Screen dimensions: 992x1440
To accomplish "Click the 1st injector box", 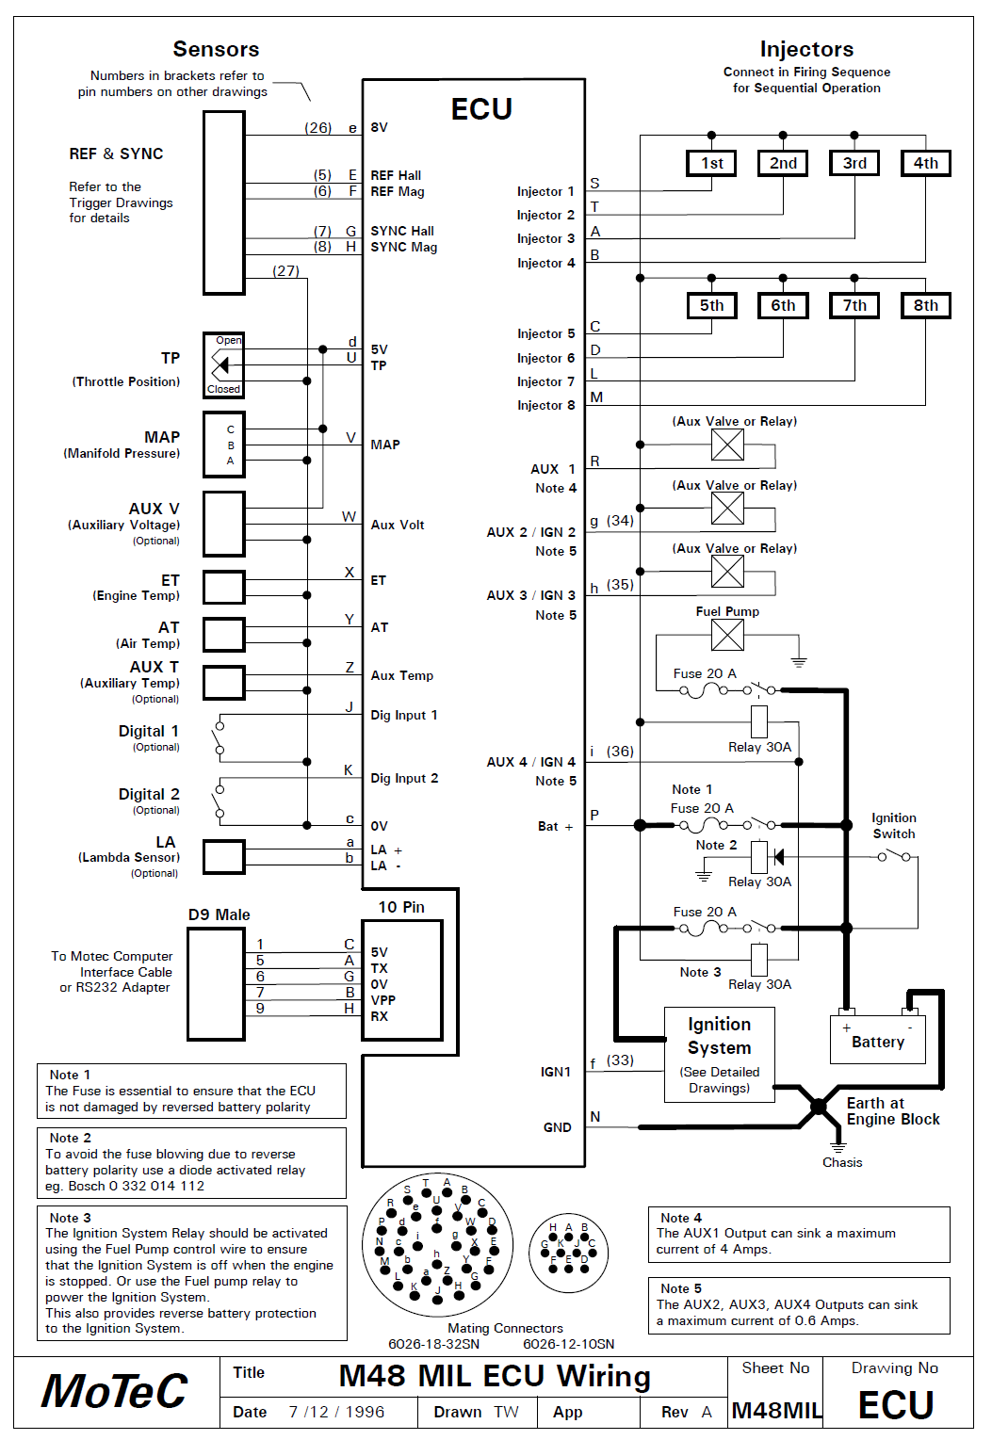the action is [711, 163].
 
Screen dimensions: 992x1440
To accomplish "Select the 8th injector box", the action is [925, 305].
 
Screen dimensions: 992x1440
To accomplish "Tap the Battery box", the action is [878, 1040].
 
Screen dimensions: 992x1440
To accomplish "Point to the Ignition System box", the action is [719, 1054].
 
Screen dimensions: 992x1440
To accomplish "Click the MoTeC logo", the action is [114, 1390].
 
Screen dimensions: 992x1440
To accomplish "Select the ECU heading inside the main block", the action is [480, 108].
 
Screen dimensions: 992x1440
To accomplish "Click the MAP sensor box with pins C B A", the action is [223, 445].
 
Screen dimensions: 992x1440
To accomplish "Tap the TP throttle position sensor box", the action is [223, 364].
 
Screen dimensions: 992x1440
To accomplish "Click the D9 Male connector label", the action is [219, 914].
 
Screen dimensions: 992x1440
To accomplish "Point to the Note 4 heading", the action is [681, 1218].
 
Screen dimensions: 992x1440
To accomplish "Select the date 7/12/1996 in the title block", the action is [336, 1412].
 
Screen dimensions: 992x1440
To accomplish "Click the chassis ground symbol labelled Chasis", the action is [838, 1146].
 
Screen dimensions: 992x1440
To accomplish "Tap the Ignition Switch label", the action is [894, 825].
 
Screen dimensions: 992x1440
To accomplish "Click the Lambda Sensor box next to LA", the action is [223, 857].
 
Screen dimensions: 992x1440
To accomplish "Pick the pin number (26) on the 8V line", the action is [317, 127].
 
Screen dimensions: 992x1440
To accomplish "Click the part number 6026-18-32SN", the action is [433, 1344].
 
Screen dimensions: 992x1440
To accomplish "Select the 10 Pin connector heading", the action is [401, 907].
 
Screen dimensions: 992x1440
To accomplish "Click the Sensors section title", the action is [216, 49].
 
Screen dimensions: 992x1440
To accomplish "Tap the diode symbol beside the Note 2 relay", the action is [778, 856].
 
